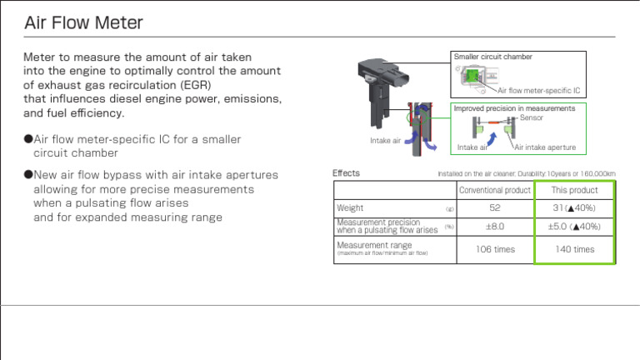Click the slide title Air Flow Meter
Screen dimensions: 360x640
pos(83,22)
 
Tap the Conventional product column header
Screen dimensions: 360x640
pos(495,190)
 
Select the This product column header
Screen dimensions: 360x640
pos(574,190)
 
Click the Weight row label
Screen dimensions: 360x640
pos(350,207)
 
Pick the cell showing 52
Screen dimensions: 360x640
pos(495,207)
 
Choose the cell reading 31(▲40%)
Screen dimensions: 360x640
pos(574,207)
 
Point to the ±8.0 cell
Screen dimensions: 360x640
pos(495,226)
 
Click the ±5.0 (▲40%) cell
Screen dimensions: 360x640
pos(574,226)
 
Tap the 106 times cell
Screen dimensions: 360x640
pos(495,249)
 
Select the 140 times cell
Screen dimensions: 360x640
pos(574,249)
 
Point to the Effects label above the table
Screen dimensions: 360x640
pos(346,173)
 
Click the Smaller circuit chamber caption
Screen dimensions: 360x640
pos(492,57)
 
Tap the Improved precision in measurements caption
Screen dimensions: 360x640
pos(514,108)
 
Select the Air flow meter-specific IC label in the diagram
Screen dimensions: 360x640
pos(538,90)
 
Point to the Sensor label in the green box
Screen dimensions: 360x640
pos(531,118)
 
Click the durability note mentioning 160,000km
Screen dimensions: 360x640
pos(526,174)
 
